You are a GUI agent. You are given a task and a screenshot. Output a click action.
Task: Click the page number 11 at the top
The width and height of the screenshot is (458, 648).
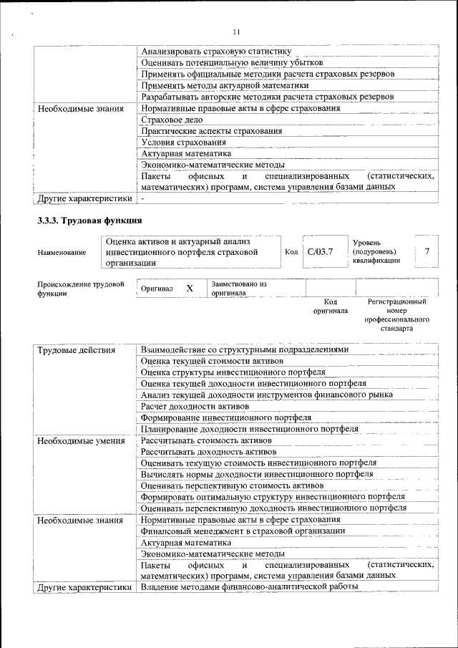[x=236, y=31]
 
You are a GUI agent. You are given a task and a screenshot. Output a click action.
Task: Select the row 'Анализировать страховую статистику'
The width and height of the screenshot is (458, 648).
[x=216, y=52]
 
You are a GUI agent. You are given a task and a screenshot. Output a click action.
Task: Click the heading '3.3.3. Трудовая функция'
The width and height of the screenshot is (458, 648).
[x=90, y=220]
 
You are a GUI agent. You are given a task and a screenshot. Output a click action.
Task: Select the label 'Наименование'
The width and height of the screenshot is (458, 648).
[x=62, y=253]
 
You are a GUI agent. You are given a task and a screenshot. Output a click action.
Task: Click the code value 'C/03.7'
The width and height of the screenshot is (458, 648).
[x=321, y=252]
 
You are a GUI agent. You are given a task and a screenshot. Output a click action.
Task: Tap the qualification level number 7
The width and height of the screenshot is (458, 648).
[x=427, y=252]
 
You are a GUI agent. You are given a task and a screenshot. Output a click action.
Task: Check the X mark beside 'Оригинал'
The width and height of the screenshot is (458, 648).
[x=190, y=288]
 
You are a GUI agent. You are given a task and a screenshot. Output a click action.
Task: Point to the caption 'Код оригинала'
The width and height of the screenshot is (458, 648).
[x=330, y=306]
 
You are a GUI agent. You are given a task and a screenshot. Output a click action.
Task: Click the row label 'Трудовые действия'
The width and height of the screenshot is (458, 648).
[x=76, y=350]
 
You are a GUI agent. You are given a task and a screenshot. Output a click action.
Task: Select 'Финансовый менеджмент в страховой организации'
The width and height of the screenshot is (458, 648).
[x=243, y=531]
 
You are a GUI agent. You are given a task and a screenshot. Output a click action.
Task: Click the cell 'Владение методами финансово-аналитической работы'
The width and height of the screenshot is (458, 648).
[x=248, y=587]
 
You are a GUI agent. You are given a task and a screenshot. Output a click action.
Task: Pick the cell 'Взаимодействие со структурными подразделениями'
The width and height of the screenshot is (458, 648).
[x=245, y=350]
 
